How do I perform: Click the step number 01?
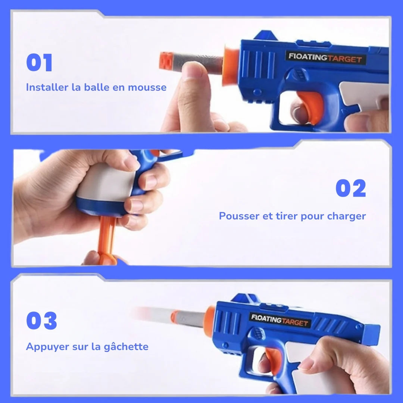(x=39, y=62)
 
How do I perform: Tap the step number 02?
(x=351, y=188)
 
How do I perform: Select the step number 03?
(x=41, y=321)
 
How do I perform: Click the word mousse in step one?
(x=147, y=87)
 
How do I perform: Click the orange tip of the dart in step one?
(x=166, y=61)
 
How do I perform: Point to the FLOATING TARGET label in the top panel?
(x=325, y=58)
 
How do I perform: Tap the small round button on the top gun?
(x=257, y=92)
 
